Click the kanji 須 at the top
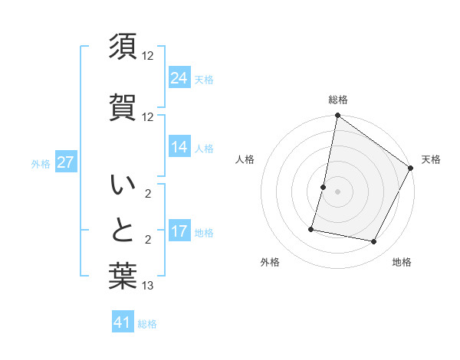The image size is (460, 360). coord(123,46)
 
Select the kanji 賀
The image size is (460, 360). coord(123,106)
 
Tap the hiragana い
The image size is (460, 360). coord(123,185)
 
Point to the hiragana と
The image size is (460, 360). coord(123,231)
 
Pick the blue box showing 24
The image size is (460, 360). coord(179,77)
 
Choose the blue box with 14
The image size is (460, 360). coord(179,147)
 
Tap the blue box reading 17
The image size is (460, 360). coord(179,231)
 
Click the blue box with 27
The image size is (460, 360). coord(66,162)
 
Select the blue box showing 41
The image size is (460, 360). coord(123,322)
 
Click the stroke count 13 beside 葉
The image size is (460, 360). coord(148,286)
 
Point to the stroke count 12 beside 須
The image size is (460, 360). coord(148,56)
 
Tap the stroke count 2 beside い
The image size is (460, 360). coord(148,194)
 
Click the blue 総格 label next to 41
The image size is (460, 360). coord(147,324)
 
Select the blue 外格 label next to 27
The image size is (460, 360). coord(41,163)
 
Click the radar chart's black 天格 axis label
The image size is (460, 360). coord(431,159)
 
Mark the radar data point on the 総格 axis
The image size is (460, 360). coord(337,116)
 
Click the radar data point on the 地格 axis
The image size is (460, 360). coord(374,242)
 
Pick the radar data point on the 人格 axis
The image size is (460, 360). coord(324,187)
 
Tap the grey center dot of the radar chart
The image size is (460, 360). coord(337,191)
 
